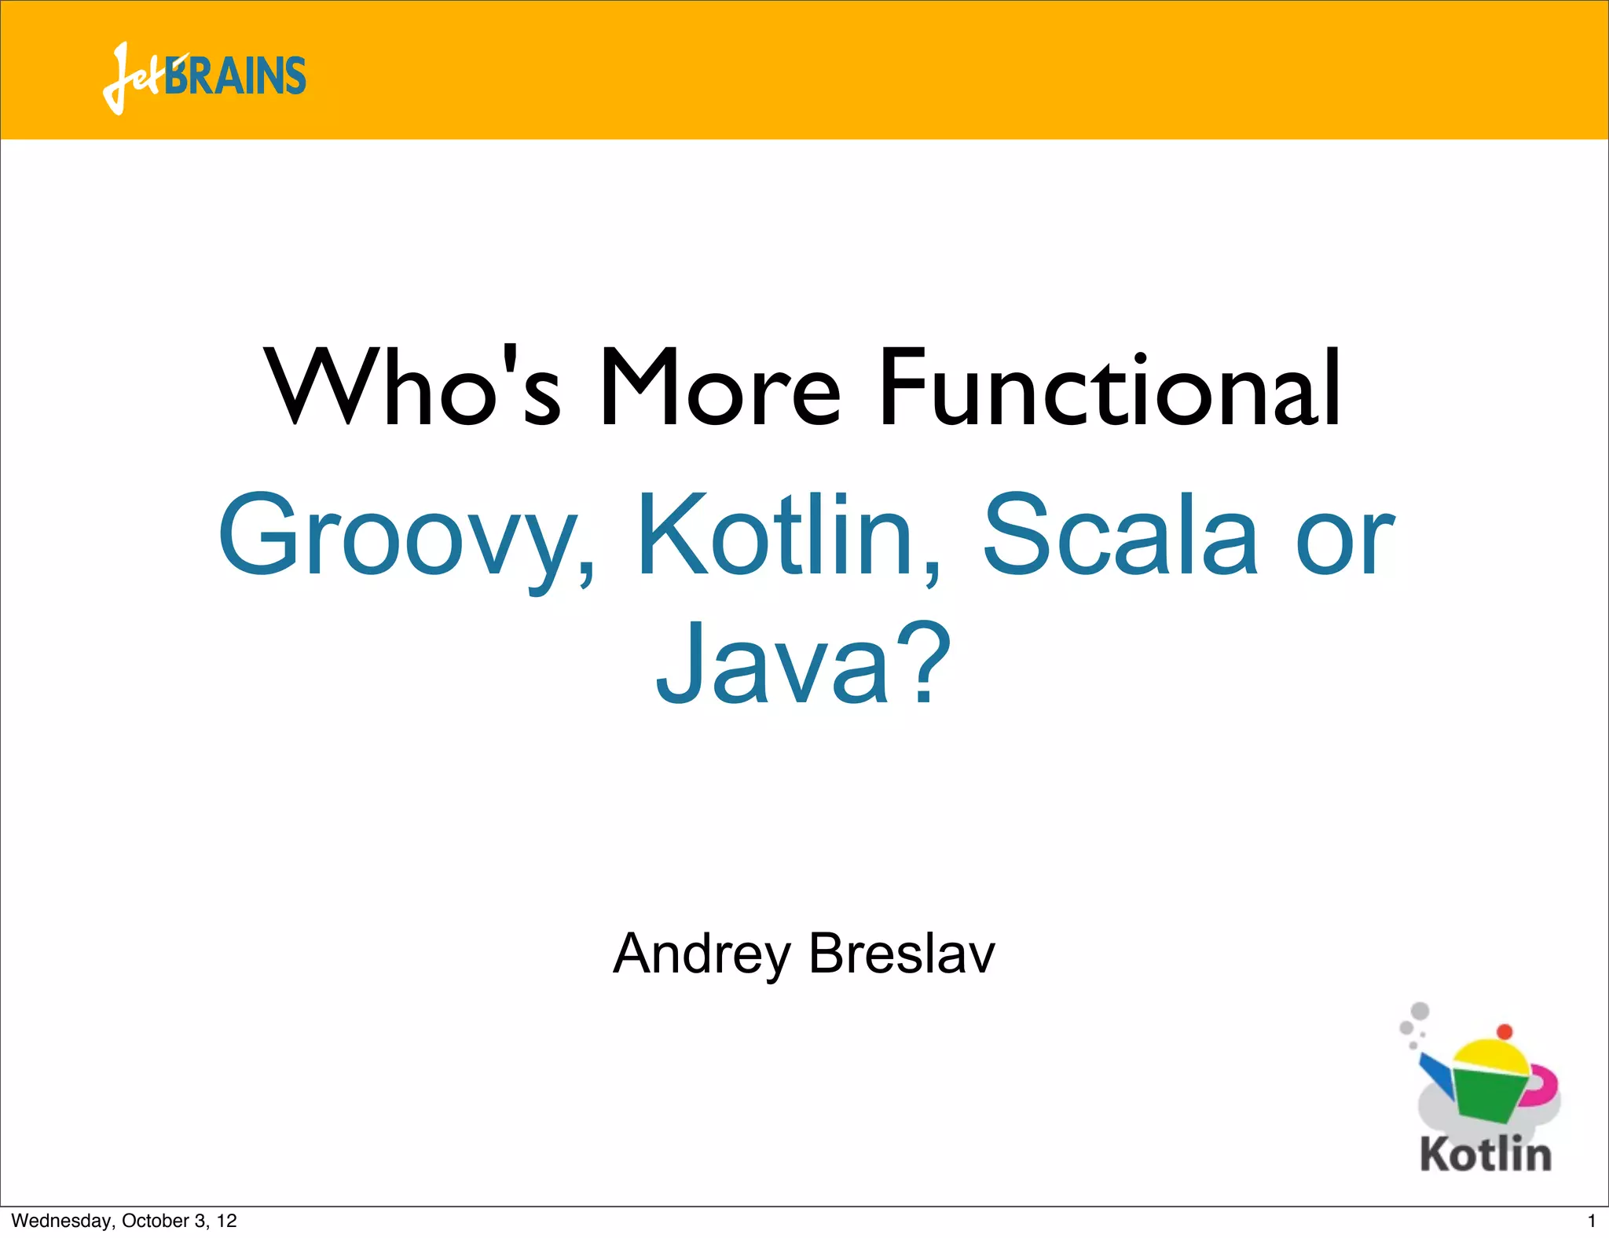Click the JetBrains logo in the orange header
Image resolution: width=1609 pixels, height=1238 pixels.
coord(204,77)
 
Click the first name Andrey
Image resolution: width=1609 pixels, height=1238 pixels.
coord(701,954)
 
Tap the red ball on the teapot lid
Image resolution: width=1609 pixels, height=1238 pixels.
coord(1504,1031)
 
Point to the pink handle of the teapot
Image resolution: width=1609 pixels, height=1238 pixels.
coord(1545,1084)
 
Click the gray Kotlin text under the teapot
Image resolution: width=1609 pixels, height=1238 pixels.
coord(1485,1155)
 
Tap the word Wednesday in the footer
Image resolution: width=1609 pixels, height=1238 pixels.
coord(61,1221)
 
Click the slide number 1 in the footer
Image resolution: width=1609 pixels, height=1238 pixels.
coord(1591,1221)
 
